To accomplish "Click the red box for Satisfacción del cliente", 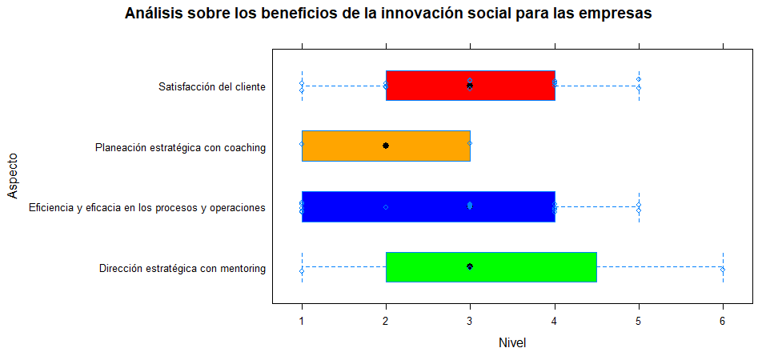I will click(x=512, y=85).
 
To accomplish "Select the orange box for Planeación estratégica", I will click(x=344, y=146).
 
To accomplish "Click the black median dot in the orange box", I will click(x=386, y=146).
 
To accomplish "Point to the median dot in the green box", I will click(x=470, y=266).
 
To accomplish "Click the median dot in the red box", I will click(x=470, y=85).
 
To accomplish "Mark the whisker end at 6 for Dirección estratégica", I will click(x=723, y=270).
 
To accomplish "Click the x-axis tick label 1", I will click(x=302, y=321).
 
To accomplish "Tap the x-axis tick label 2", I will click(x=386, y=321).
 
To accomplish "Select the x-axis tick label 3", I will click(x=470, y=321).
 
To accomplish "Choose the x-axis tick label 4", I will click(x=554, y=321).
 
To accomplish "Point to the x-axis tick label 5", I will click(x=639, y=321).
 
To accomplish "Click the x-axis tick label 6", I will click(x=723, y=321).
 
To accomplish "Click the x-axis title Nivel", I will click(x=512, y=343).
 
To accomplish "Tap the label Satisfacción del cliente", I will click(x=212, y=86).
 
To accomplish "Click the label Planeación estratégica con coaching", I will click(x=180, y=147).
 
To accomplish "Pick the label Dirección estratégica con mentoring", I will click(x=182, y=269).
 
